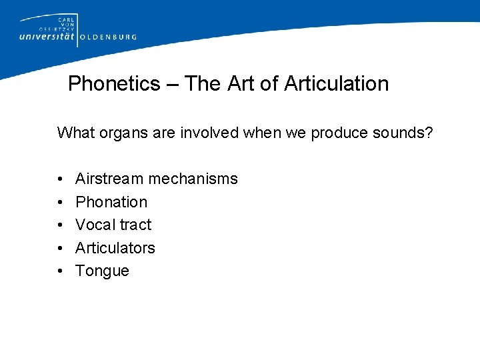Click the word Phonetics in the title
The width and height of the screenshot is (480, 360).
[x=114, y=84]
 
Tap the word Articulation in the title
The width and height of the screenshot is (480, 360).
[x=336, y=84]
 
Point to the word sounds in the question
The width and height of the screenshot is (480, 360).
[x=404, y=133]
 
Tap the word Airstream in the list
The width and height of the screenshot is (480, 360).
[x=109, y=179]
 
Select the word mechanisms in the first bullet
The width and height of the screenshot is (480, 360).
[x=193, y=179]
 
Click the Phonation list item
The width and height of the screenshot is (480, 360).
[x=111, y=202]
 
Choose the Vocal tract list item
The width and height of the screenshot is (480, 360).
[x=113, y=225]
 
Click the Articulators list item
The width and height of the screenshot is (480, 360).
[x=115, y=248]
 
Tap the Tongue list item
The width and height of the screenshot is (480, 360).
[x=102, y=271]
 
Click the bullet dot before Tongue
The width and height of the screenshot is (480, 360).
[x=60, y=271]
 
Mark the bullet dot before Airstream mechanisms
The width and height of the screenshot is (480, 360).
[x=60, y=179]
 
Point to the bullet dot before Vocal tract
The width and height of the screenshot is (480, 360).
[x=60, y=225]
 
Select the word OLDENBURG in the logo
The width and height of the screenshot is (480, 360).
[x=108, y=37]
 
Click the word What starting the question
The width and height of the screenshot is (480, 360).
[x=75, y=133]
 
